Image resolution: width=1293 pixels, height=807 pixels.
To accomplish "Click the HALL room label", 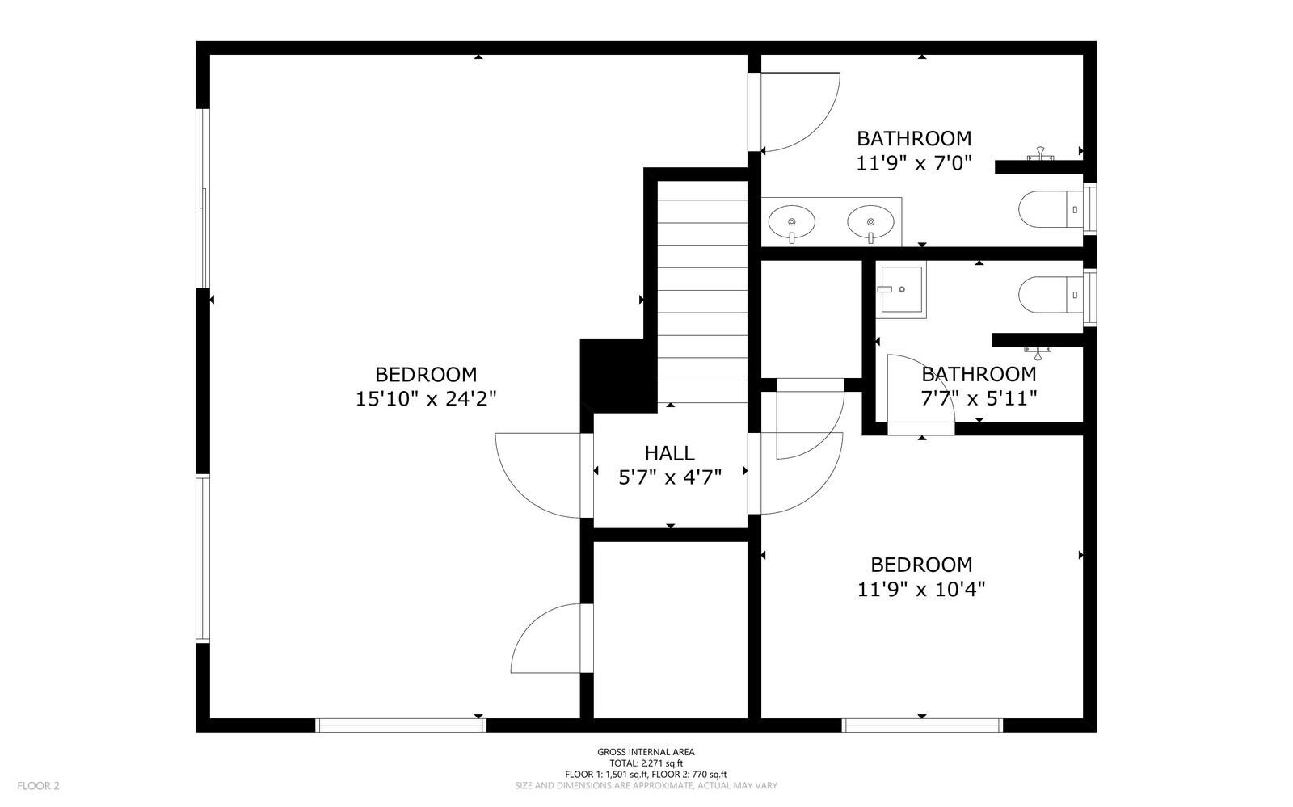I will pos(669,453).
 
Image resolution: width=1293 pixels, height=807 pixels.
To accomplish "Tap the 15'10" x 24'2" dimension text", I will pos(426,399).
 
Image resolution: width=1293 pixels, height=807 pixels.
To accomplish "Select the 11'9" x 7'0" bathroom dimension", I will pos(913,163).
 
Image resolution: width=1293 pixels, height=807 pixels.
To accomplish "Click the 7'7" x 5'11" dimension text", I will pos(979,397).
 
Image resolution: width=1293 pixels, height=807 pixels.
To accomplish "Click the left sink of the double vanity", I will pos(791,221).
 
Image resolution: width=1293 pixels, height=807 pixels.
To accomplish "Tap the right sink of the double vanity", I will pos(870,221).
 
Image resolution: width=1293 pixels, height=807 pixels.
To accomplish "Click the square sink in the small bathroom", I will pos(902,289).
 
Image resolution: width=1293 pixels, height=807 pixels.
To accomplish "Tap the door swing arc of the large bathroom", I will pos(800,113).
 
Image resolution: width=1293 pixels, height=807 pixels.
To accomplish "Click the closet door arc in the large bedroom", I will pos(541,638).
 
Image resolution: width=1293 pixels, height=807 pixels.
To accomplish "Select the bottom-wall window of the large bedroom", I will pos(401,725).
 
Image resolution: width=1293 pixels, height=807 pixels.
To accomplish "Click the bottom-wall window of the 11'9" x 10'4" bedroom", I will pos(922,725).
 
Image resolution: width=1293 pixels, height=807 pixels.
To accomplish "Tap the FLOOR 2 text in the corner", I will pos(39,785).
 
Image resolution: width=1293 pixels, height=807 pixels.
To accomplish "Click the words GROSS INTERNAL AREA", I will pos(646,752).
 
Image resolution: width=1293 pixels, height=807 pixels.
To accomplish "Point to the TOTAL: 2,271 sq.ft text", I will pos(646,763).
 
